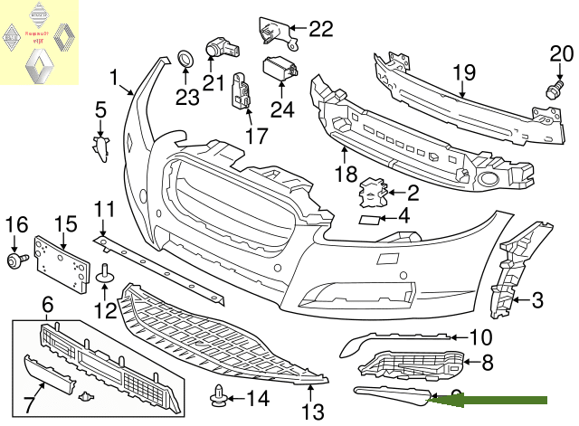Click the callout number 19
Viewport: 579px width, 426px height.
tap(464, 71)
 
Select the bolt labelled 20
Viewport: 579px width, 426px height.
tap(550, 90)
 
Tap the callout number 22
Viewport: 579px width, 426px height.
tap(320, 29)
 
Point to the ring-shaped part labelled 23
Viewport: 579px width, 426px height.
tap(185, 61)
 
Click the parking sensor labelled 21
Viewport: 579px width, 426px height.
tap(217, 43)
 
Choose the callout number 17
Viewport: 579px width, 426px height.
tap(256, 136)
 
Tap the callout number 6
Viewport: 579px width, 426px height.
tap(47, 307)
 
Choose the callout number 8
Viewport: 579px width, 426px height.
tap(488, 364)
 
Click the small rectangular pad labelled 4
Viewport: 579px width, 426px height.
tap(369, 218)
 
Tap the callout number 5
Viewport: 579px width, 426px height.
tap(100, 110)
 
